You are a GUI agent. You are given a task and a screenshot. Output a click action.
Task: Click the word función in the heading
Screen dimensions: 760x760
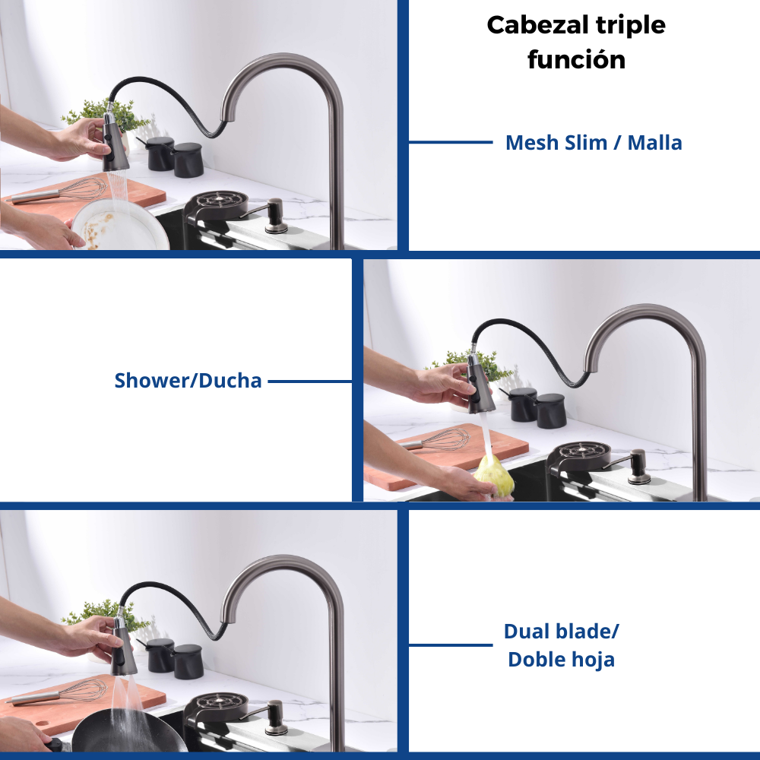[x=576, y=60]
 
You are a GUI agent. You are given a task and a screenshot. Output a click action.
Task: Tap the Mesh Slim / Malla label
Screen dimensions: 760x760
[x=594, y=143]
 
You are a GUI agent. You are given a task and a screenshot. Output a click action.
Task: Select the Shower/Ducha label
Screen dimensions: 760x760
[x=188, y=381]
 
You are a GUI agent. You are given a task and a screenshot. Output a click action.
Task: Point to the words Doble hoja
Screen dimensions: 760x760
[x=562, y=660]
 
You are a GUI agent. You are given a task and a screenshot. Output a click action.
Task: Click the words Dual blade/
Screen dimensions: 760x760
[x=562, y=632]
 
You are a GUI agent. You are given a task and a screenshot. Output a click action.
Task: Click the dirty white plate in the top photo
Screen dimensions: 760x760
[x=120, y=226]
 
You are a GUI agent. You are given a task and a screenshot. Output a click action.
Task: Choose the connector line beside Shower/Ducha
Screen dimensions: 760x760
[x=310, y=382]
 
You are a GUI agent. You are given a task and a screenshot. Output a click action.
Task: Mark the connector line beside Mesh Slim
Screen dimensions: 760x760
[x=451, y=142]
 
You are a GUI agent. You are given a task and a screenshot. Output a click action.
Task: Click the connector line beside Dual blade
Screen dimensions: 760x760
[x=451, y=645]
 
